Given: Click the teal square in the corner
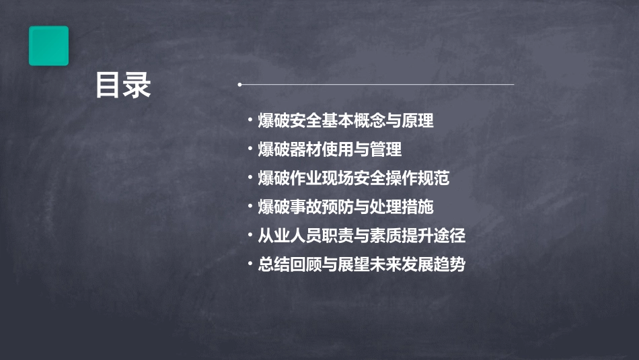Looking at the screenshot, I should pos(48,46).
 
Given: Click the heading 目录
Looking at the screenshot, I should pos(123,85).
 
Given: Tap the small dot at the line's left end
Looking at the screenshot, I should pos(240,85).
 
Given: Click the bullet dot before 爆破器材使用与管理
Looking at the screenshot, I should pos(250,149).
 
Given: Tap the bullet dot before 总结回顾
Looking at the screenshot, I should pos(250,263).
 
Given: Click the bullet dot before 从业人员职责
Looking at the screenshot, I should pos(250,235).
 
